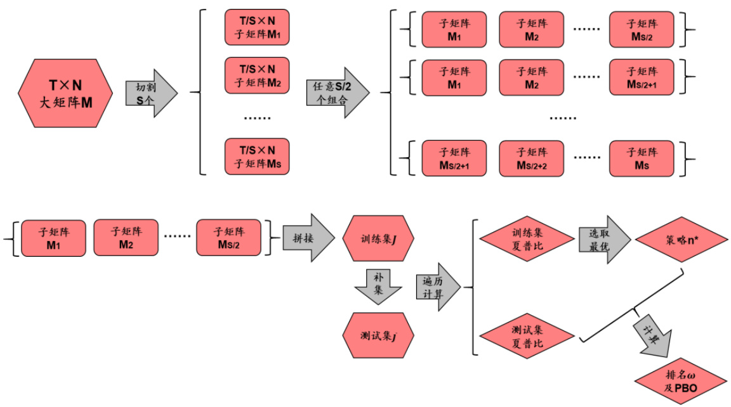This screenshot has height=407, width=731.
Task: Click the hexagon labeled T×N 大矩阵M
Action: [x=66, y=93]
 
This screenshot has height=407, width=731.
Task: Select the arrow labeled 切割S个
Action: [x=147, y=93]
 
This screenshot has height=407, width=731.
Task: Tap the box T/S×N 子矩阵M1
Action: [x=256, y=27]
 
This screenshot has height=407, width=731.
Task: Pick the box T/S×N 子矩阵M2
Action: [x=256, y=75]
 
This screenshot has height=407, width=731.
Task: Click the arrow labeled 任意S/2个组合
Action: [x=336, y=93]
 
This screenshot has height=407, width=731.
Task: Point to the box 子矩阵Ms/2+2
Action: [x=531, y=158]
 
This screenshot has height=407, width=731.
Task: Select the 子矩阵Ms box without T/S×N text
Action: [x=642, y=158]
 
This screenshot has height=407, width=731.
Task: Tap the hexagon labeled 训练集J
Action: [x=378, y=239]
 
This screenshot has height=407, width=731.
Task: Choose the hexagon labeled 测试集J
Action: [x=378, y=335]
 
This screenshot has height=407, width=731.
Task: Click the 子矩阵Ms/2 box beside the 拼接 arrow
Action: [x=228, y=238]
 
